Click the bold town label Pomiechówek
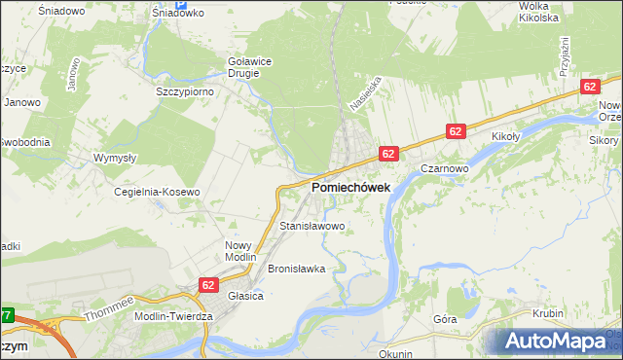tap(351, 187)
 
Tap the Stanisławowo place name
tap(312, 226)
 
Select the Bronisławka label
tap(296, 268)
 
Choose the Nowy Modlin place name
tap(238, 252)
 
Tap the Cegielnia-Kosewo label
tap(157, 192)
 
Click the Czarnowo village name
tap(446, 167)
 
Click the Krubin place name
tap(548, 313)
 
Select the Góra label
tap(445, 318)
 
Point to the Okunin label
tap(395, 354)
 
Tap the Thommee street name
tap(107, 308)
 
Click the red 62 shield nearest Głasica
tap(208, 285)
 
